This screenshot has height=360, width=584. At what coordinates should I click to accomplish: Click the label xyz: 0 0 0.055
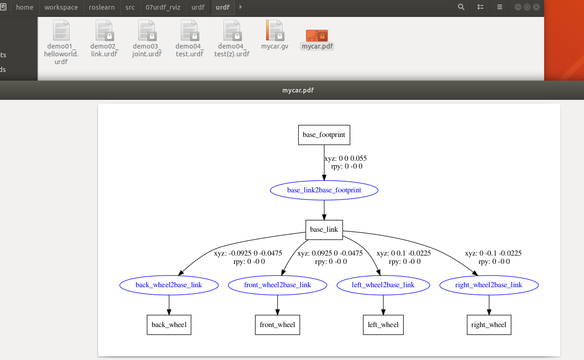(x=345, y=158)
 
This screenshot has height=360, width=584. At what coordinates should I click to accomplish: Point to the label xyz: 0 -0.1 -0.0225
(x=493, y=253)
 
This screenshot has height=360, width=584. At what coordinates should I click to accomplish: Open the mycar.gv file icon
(x=274, y=31)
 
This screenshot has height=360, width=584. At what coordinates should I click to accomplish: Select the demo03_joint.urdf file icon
(x=147, y=31)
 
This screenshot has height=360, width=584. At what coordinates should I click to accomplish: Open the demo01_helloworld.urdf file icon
(x=61, y=31)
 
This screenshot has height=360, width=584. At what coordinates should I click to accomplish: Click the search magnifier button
(x=461, y=7)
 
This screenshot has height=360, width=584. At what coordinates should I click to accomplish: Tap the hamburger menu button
(x=500, y=7)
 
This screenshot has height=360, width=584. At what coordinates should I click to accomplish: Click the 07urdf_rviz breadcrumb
(x=163, y=7)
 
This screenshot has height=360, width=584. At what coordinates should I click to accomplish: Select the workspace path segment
(x=61, y=7)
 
